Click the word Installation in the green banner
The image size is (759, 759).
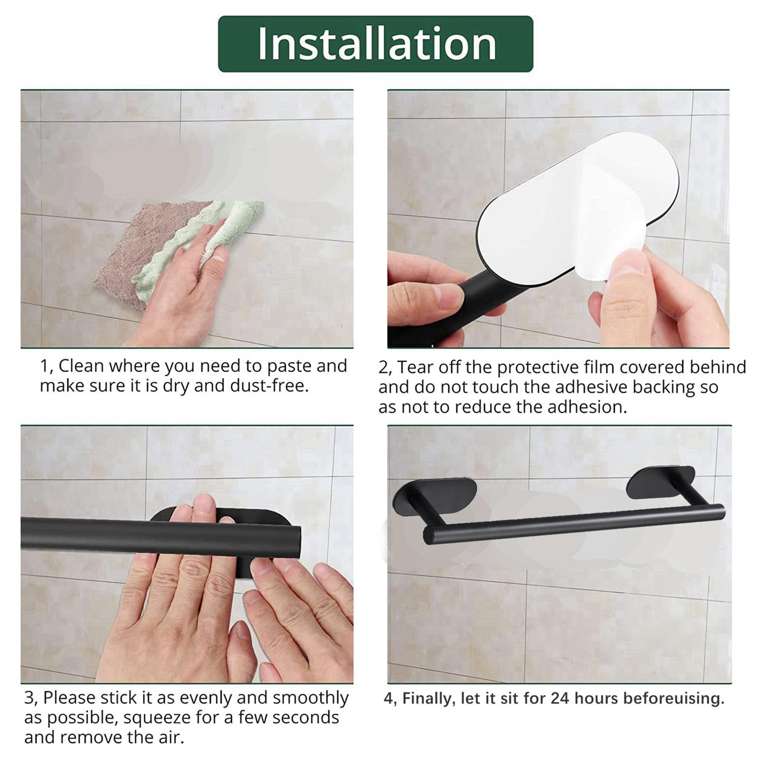click(x=376, y=44)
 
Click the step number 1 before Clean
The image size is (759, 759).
click(x=44, y=366)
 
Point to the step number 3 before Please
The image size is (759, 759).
click(x=29, y=698)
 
